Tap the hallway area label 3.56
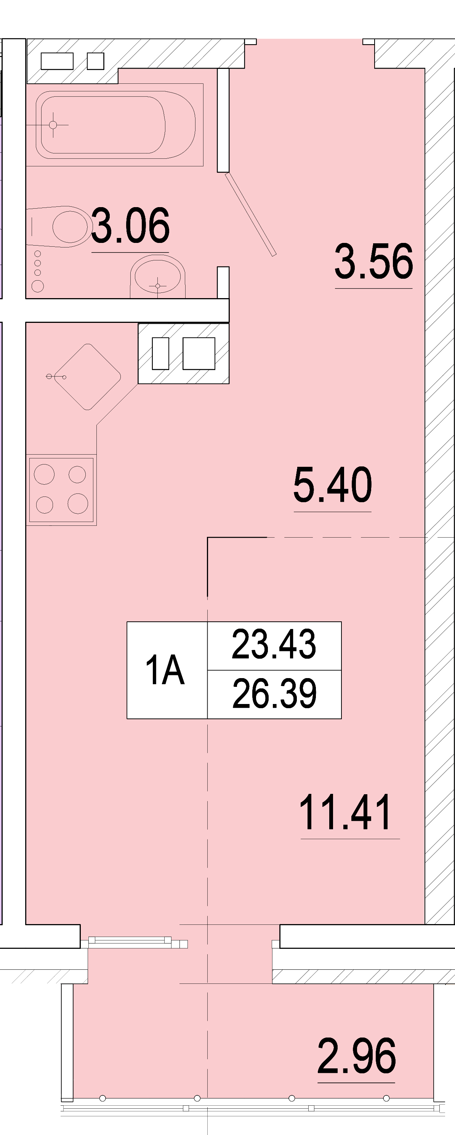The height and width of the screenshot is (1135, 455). [374, 261]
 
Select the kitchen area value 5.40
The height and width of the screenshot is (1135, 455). [332, 485]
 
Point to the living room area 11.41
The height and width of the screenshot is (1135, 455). [346, 812]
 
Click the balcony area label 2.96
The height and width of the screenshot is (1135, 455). [357, 1056]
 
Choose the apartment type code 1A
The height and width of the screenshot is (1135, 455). [165, 670]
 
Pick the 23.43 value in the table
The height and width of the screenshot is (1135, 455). [274, 644]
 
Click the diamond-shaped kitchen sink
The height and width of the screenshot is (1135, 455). [87, 377]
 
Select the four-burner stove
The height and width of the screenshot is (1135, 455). [61, 490]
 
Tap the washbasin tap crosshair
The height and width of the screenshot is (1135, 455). [158, 286]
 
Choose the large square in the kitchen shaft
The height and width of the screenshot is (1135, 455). [199, 353]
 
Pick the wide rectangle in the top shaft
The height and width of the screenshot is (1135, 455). [57, 61]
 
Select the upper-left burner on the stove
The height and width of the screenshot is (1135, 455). [45, 474]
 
